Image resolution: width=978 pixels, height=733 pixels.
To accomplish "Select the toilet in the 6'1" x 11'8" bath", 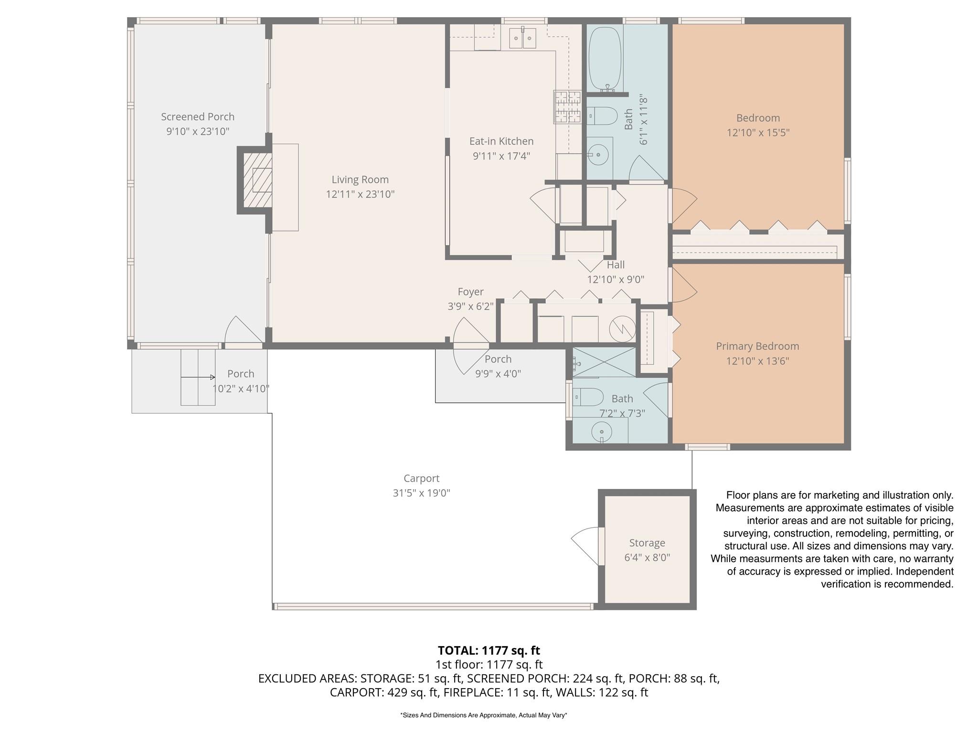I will tap(601, 115).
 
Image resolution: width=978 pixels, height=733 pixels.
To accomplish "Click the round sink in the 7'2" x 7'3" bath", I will tap(601, 432).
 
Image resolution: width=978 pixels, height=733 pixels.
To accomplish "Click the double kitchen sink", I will tap(522, 38).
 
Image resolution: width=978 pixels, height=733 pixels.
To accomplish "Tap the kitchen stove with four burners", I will tap(567, 107).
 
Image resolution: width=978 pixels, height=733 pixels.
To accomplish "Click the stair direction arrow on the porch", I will tap(198, 377).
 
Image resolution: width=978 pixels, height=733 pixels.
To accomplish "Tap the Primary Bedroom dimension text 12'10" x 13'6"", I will tap(757, 361).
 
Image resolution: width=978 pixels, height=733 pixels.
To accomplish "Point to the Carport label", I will tap(421, 478).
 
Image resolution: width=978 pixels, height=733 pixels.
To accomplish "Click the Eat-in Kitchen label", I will tap(501, 141).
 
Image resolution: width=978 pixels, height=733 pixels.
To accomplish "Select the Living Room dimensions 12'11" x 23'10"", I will tap(360, 194).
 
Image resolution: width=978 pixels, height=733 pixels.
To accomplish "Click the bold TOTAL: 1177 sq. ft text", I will tap(489, 650).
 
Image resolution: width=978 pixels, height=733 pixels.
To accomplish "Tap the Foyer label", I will tap(470, 292).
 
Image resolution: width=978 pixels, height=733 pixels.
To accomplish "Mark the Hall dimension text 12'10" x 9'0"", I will tap(616, 280).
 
